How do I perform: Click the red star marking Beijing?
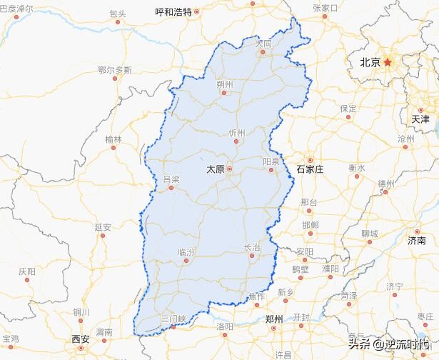click(388, 62)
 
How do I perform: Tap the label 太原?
click(215, 169)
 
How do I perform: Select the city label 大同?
click(264, 44)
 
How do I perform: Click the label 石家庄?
click(310, 169)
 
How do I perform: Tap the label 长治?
click(252, 247)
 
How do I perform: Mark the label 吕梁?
click(171, 179)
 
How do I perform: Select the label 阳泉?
click(271, 162)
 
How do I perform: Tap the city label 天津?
click(420, 119)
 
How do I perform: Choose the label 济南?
click(416, 241)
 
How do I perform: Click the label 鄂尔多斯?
click(115, 70)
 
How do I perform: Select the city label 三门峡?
click(173, 318)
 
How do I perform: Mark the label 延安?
click(103, 227)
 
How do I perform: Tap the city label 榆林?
click(113, 139)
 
